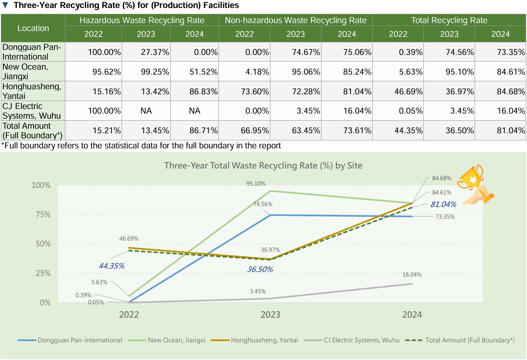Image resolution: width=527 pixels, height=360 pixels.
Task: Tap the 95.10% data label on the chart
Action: [x=256, y=184]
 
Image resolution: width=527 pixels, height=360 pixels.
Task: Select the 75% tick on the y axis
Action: [x=42, y=215]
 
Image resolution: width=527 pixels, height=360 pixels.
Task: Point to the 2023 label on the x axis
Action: [x=270, y=314]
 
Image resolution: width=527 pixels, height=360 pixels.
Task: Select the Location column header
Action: [x=33, y=28]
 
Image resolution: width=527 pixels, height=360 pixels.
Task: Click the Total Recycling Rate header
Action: [x=449, y=20]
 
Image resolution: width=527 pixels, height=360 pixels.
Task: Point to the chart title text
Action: [x=263, y=166]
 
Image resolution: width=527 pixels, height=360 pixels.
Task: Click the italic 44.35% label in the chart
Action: [x=112, y=266]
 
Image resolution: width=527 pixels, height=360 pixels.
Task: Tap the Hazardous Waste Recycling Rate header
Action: [x=142, y=20]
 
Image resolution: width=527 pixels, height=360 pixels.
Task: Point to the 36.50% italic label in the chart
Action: [x=260, y=269]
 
